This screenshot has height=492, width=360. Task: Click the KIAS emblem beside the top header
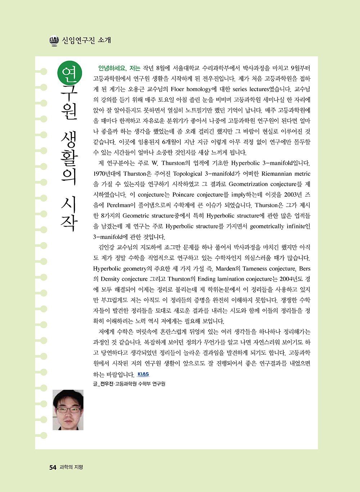[x=54, y=41]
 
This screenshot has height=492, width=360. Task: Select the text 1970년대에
[x=107, y=174]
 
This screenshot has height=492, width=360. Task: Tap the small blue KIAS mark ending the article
[x=143, y=374]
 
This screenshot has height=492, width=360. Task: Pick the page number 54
[x=53, y=468]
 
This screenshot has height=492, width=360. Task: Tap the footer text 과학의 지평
[x=71, y=468]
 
